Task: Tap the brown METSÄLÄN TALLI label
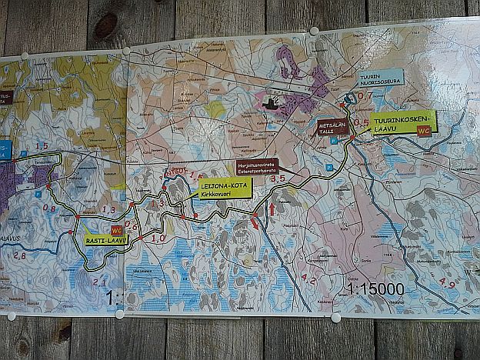pyautogui.click(x=333, y=128)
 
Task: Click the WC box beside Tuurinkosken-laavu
pyautogui.click(x=422, y=132)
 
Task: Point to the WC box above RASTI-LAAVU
pyautogui.click(x=117, y=230)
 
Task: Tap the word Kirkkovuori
pyautogui.click(x=216, y=195)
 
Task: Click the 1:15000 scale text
pyautogui.click(x=375, y=289)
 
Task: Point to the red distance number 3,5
pyautogui.click(x=278, y=178)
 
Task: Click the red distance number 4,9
pyautogui.click(x=446, y=283)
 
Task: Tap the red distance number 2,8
pyautogui.click(x=18, y=255)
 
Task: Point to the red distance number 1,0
pyautogui.click(x=158, y=238)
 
